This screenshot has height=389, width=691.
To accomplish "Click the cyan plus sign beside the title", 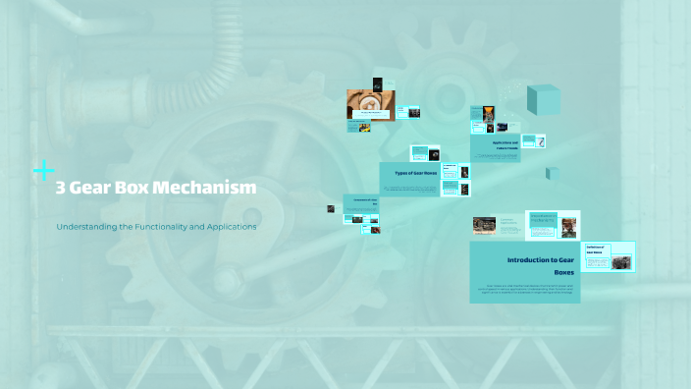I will [44, 171].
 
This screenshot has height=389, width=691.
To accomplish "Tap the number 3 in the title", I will [61, 188].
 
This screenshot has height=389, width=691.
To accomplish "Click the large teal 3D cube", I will [543, 100].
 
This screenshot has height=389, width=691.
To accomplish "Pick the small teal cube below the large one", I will [553, 174].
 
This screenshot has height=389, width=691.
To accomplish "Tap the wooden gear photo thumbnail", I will [370, 103].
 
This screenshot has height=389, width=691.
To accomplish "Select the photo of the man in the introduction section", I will [568, 227].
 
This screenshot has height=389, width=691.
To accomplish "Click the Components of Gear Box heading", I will [361, 202].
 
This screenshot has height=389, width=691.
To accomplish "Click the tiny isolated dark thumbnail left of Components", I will [332, 208].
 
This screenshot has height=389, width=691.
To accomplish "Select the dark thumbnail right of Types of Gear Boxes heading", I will [464, 172].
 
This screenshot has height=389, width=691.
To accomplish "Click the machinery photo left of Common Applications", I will [484, 227].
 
